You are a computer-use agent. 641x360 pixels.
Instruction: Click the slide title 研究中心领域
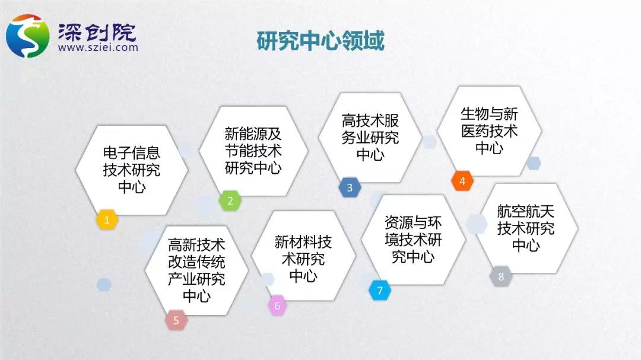(x=320, y=41)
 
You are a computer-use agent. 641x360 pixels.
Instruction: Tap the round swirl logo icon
(x=28, y=36)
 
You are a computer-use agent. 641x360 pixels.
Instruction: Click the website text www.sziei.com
(x=98, y=47)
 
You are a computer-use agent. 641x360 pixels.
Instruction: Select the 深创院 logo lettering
(x=97, y=32)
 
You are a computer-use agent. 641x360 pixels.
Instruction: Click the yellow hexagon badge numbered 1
(x=107, y=220)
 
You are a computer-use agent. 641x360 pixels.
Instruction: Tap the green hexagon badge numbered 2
(x=230, y=200)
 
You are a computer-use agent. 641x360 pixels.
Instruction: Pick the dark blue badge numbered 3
(x=350, y=187)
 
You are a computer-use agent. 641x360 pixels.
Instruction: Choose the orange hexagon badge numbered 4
(x=462, y=181)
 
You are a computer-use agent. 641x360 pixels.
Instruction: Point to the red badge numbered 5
(x=176, y=320)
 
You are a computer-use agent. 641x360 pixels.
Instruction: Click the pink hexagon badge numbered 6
(x=277, y=305)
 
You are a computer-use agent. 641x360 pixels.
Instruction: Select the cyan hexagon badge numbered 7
(x=380, y=290)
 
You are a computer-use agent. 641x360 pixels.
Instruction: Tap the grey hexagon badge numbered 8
(x=501, y=276)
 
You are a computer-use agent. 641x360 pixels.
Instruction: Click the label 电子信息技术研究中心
(x=131, y=170)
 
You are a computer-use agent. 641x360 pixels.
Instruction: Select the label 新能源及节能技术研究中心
(x=253, y=151)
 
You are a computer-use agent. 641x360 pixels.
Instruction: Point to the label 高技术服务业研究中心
(x=370, y=138)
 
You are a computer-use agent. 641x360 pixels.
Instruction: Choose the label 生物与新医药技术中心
(x=489, y=130)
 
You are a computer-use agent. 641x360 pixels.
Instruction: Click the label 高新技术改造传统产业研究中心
(x=196, y=270)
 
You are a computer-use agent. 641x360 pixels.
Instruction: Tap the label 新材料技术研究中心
(x=303, y=259)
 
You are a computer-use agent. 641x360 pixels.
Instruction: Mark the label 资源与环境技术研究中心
(x=413, y=240)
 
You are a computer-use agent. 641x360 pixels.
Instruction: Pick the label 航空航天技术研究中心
(x=526, y=228)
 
